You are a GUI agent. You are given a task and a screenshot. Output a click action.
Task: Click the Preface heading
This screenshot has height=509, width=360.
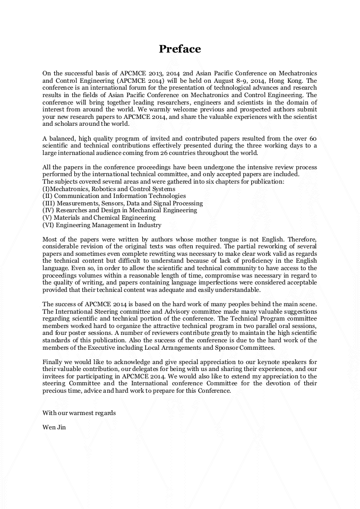[x=180, y=49]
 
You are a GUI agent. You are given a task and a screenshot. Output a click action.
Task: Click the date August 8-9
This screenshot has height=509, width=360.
[x=229, y=80]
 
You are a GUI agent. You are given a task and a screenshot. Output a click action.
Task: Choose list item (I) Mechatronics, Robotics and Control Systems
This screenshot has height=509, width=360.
[x=108, y=188]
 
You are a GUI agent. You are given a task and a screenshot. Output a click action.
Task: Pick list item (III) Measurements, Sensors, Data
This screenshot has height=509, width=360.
[x=122, y=203]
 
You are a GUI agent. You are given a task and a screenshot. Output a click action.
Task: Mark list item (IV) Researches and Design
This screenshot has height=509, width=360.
[x=119, y=210]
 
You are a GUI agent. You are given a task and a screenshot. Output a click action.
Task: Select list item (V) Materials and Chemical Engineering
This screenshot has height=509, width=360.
[x=99, y=218]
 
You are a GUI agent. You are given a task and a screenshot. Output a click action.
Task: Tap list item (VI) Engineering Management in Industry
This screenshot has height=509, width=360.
[x=101, y=225]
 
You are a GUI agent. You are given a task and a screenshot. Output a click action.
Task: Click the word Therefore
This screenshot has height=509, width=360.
[x=299, y=239]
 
